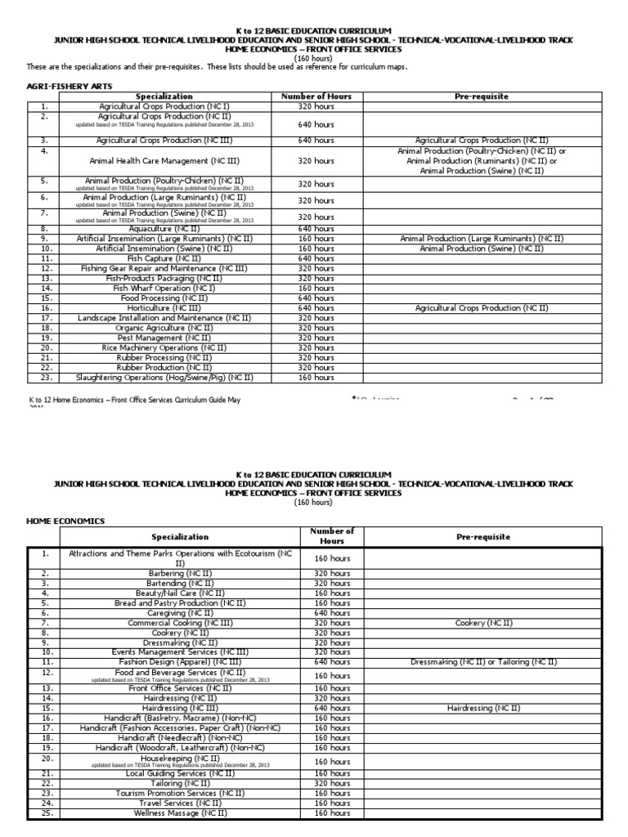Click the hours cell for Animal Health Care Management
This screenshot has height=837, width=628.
coord(316,161)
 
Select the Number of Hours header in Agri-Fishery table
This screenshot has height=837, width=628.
coord(316,96)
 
